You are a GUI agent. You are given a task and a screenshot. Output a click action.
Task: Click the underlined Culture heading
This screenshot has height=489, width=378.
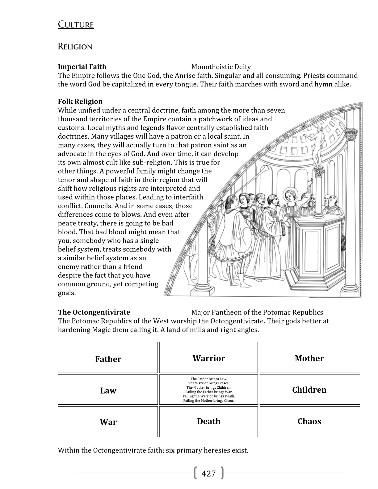tap(76, 24)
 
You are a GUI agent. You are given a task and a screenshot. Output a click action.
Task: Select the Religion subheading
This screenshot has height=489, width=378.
tap(75, 47)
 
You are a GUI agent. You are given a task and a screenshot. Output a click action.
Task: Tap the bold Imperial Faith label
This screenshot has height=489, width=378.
tap(82, 67)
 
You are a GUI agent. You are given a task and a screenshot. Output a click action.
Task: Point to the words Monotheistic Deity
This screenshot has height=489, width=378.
tap(221, 67)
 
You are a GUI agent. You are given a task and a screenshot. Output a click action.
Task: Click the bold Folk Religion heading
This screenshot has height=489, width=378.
tap(80, 101)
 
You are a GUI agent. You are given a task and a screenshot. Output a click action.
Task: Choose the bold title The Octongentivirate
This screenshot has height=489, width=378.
tap(94, 312)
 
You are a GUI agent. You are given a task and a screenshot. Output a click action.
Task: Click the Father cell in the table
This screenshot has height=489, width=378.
tap(108, 359)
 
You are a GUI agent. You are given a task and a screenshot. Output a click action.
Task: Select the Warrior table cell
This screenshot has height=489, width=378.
tap(209, 358)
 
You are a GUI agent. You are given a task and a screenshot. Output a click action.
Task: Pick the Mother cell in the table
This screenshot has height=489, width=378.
tap(309, 358)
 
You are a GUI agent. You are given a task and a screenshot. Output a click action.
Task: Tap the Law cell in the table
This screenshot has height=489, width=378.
tap(108, 391)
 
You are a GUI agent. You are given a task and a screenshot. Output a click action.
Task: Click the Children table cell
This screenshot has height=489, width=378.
tap(309, 390)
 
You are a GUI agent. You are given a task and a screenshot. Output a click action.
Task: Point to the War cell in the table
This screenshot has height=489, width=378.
tap(108, 422)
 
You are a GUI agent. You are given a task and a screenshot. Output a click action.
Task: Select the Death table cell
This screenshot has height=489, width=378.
tap(209, 421)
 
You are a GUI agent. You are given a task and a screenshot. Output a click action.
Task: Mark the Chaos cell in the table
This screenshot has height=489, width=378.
tap(309, 421)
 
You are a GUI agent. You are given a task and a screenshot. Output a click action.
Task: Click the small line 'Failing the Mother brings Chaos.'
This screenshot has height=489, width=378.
tap(209, 401)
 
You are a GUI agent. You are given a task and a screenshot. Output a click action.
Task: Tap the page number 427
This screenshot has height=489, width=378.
tap(208, 473)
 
